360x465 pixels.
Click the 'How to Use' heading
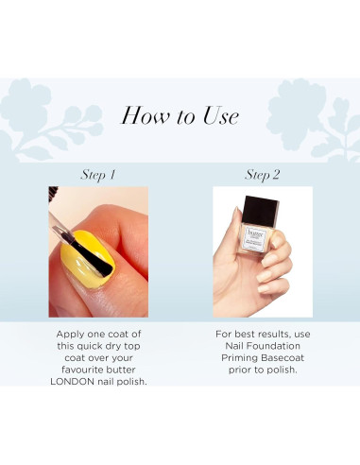[180, 115]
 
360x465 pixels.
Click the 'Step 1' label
[98, 174]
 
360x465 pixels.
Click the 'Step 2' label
[262, 174]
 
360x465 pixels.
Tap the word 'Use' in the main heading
[219, 115]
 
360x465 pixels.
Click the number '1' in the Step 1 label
[113, 174]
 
